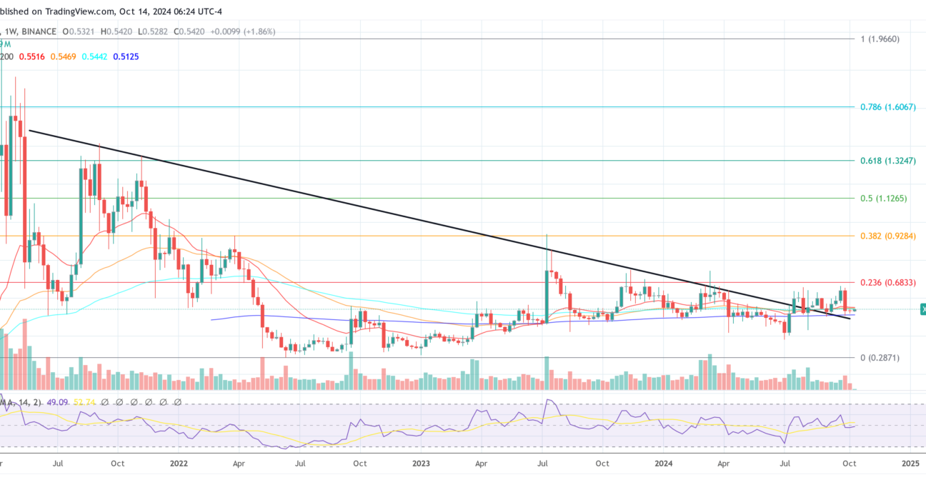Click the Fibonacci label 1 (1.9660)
pos(885,39)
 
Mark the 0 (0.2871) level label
pos(880,357)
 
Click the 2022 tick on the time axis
pos(179,463)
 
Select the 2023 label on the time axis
pos(421,463)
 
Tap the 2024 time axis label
pos(664,463)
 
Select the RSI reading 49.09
pos(55,403)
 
